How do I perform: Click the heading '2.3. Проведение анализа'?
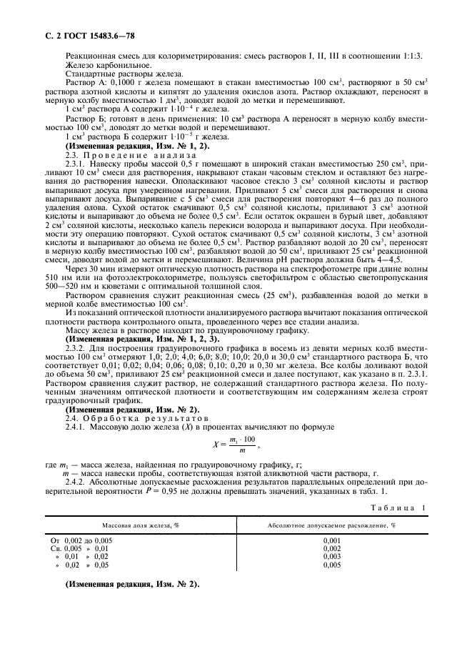coord(124,154)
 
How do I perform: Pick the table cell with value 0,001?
coord(332,541)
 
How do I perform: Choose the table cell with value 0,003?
coord(332,556)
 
